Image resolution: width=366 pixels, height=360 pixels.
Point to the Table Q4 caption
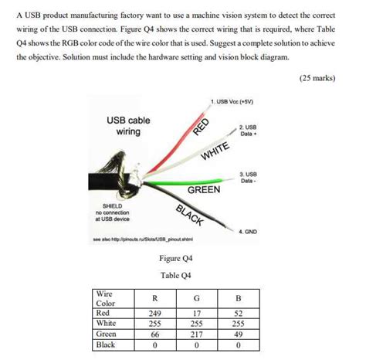[x=175, y=275]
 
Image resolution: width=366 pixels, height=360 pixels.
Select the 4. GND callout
[x=248, y=230]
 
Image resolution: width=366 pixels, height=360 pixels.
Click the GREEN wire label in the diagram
[x=204, y=189]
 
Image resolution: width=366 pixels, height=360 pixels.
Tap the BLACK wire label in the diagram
[x=190, y=216]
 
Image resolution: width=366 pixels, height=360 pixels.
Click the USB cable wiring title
[x=127, y=126]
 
